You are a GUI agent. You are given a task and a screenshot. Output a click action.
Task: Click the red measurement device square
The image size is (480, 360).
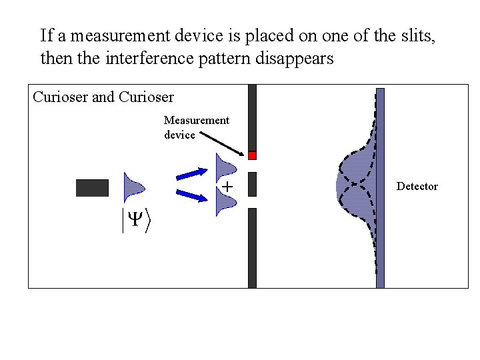252,155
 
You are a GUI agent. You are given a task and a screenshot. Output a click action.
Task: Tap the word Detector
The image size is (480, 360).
417,187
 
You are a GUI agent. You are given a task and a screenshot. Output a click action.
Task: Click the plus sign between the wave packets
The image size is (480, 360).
227,187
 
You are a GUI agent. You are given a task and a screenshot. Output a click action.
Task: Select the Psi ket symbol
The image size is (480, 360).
136,221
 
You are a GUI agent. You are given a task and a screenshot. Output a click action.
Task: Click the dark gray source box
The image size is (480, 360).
92,188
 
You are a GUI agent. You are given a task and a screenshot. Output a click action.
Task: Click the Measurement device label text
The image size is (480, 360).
196,127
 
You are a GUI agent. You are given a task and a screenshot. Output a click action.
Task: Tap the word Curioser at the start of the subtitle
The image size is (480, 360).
60,97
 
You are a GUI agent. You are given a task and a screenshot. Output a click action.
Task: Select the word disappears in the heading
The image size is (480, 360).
295,58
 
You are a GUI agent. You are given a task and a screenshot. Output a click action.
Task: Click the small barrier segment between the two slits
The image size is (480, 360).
252,184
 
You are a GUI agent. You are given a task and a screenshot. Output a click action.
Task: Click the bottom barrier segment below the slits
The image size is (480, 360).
252,247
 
